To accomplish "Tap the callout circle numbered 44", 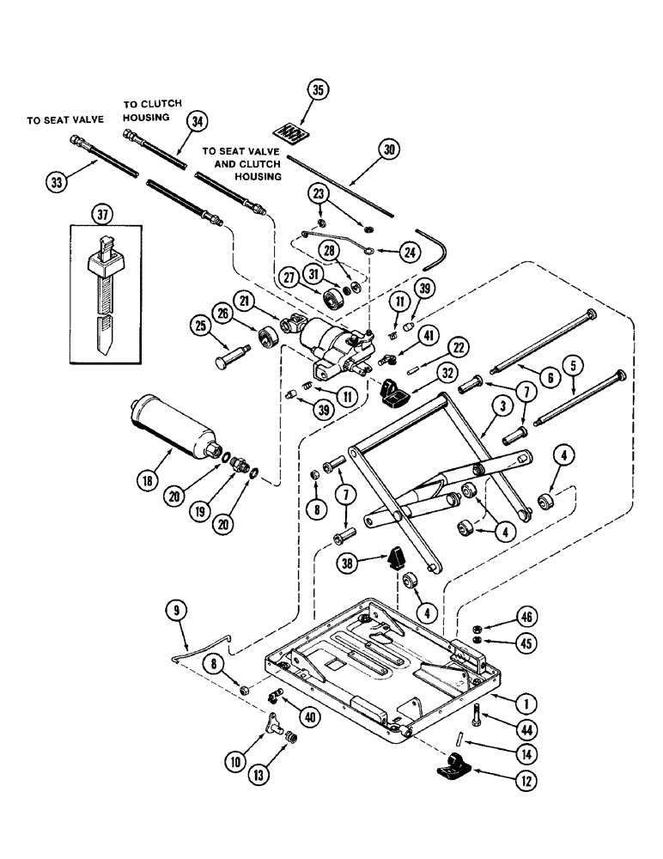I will [x=521, y=729].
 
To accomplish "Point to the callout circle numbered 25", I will [x=200, y=326].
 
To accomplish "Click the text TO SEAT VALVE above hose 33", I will [x=64, y=121].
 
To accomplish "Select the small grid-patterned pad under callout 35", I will [x=294, y=133].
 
